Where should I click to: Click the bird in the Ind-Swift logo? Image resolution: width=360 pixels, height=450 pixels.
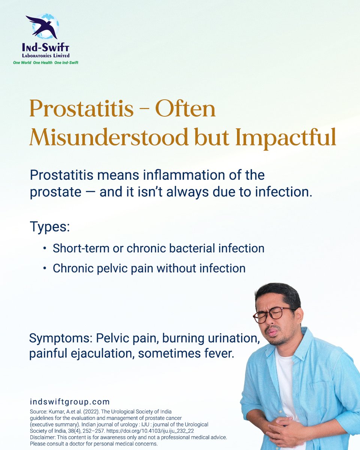click(x=42, y=26)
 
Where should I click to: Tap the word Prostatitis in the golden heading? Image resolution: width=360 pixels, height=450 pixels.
click(x=81, y=109)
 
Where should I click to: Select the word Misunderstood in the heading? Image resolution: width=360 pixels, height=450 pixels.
click(x=109, y=138)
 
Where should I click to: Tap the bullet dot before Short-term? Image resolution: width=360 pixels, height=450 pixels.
click(x=45, y=249)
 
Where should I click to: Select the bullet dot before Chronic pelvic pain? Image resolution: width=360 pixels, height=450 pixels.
click(x=45, y=268)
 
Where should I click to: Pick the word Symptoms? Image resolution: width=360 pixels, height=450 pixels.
click(x=61, y=339)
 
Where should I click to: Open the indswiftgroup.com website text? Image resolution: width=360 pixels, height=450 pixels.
click(x=69, y=402)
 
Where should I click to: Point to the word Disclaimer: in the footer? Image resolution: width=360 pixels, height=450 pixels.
click(x=45, y=438)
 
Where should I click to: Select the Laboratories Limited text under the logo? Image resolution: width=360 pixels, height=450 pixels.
click(x=45, y=55)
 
